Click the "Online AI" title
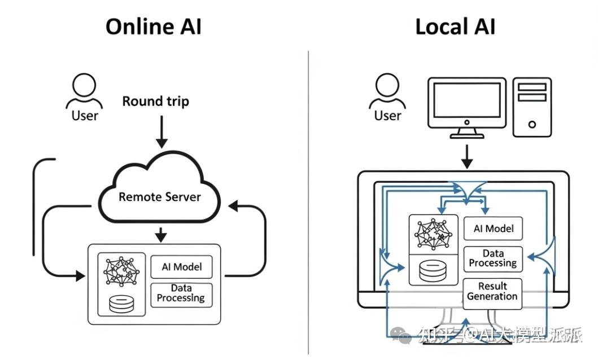point(154,27)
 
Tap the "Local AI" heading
point(455,27)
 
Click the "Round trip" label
point(156,102)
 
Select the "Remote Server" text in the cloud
point(159,196)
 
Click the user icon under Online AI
point(84,91)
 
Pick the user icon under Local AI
point(387,91)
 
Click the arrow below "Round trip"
point(161,131)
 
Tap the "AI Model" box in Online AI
point(181,267)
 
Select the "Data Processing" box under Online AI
point(181,295)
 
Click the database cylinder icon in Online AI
point(121,304)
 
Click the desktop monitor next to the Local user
point(467,108)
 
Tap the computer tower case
point(532,107)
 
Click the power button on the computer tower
point(532,124)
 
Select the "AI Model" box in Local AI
point(493,229)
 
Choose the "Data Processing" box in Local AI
point(493,258)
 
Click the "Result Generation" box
point(492,291)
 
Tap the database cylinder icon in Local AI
point(433,270)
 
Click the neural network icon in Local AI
point(433,234)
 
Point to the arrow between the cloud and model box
point(161,235)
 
